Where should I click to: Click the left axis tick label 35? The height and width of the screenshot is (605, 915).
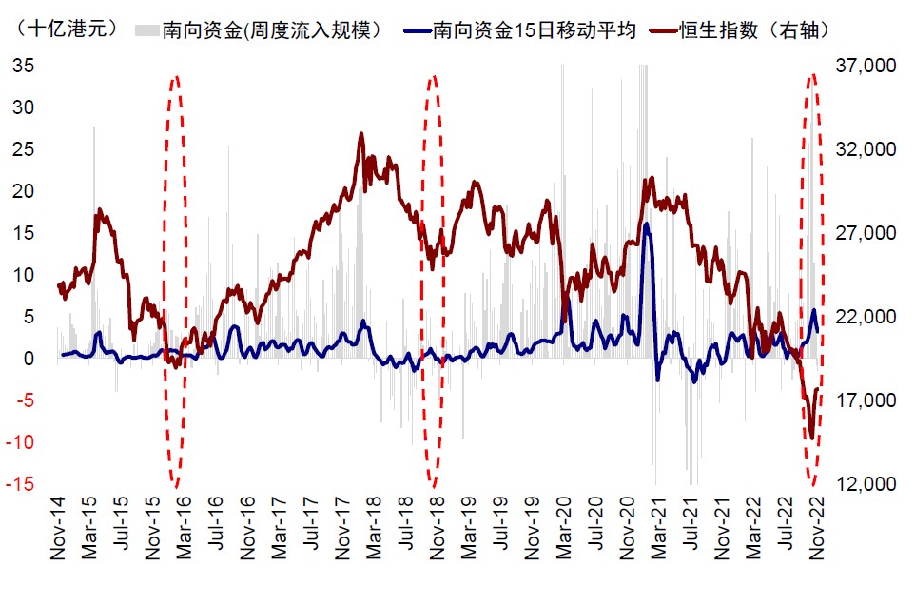pyautogui.click(x=23, y=66)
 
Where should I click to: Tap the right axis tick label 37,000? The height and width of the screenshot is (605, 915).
pyautogui.click(x=867, y=66)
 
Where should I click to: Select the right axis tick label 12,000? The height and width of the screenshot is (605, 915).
pyautogui.click(x=867, y=484)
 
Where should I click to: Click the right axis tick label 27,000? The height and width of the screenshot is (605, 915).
pyautogui.click(x=867, y=233)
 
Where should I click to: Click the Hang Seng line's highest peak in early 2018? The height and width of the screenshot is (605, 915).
pyautogui.click(x=361, y=134)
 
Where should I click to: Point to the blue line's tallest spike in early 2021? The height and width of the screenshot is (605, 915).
pyautogui.click(x=647, y=224)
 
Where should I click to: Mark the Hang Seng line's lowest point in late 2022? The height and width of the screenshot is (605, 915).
pyautogui.click(x=811, y=439)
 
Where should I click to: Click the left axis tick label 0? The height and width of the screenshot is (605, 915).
pyautogui.click(x=29, y=359)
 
